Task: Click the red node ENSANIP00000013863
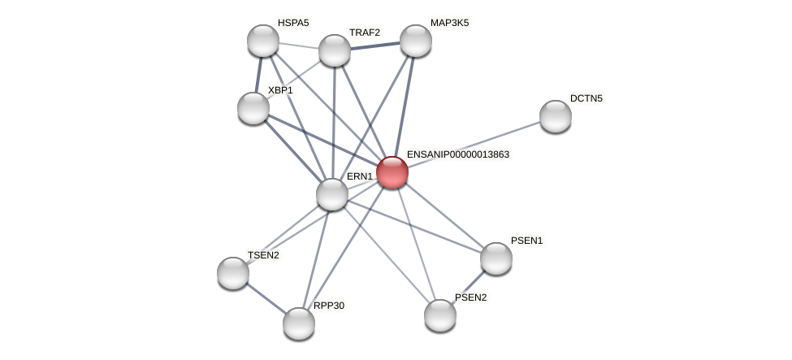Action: point(392,172)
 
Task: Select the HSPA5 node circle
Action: point(263,41)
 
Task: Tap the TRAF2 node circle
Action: point(335,50)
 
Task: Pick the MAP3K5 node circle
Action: point(415,41)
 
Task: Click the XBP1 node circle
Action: point(253,108)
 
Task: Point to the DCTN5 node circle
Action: point(556,116)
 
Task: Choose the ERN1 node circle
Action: point(332,194)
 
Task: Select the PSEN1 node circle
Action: point(496,258)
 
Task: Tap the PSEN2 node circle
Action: point(440,315)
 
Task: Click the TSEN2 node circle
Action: point(233,273)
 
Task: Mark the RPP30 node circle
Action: point(299,323)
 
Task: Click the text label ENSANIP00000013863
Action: point(458,154)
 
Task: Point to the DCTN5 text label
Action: point(586,98)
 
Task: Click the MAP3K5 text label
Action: point(449,23)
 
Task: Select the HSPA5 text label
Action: point(293,23)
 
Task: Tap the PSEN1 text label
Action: point(526,241)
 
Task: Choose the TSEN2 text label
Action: point(263,255)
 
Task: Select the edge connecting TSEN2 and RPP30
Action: point(266,298)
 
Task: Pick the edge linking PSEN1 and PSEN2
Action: point(469,287)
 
